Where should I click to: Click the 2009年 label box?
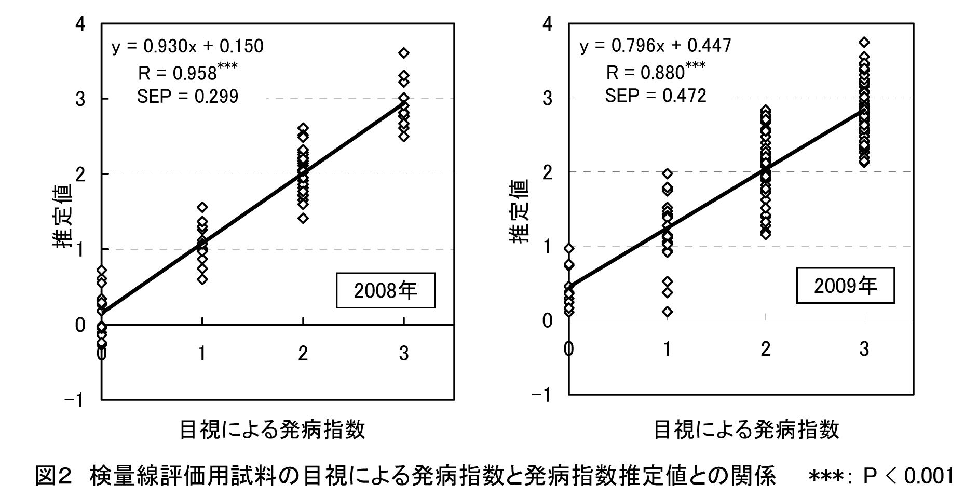point(845,286)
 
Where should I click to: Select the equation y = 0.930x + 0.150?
point(187,47)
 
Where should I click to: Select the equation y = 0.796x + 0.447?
point(655,46)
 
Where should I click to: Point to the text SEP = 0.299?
point(187,97)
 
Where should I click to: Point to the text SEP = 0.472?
point(655,96)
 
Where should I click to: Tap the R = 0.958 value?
point(178,73)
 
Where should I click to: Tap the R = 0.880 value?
point(645,73)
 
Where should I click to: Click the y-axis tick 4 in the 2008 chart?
point(80,24)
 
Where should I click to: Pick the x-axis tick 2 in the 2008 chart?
point(303,354)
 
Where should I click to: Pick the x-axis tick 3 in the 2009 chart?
point(864,349)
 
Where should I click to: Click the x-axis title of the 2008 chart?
point(272,431)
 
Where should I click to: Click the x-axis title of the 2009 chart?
point(746,431)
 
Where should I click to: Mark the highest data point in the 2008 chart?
point(404,53)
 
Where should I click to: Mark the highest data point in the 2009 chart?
point(864,42)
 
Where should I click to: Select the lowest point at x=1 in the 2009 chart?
point(668,312)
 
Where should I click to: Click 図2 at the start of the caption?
point(52,476)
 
